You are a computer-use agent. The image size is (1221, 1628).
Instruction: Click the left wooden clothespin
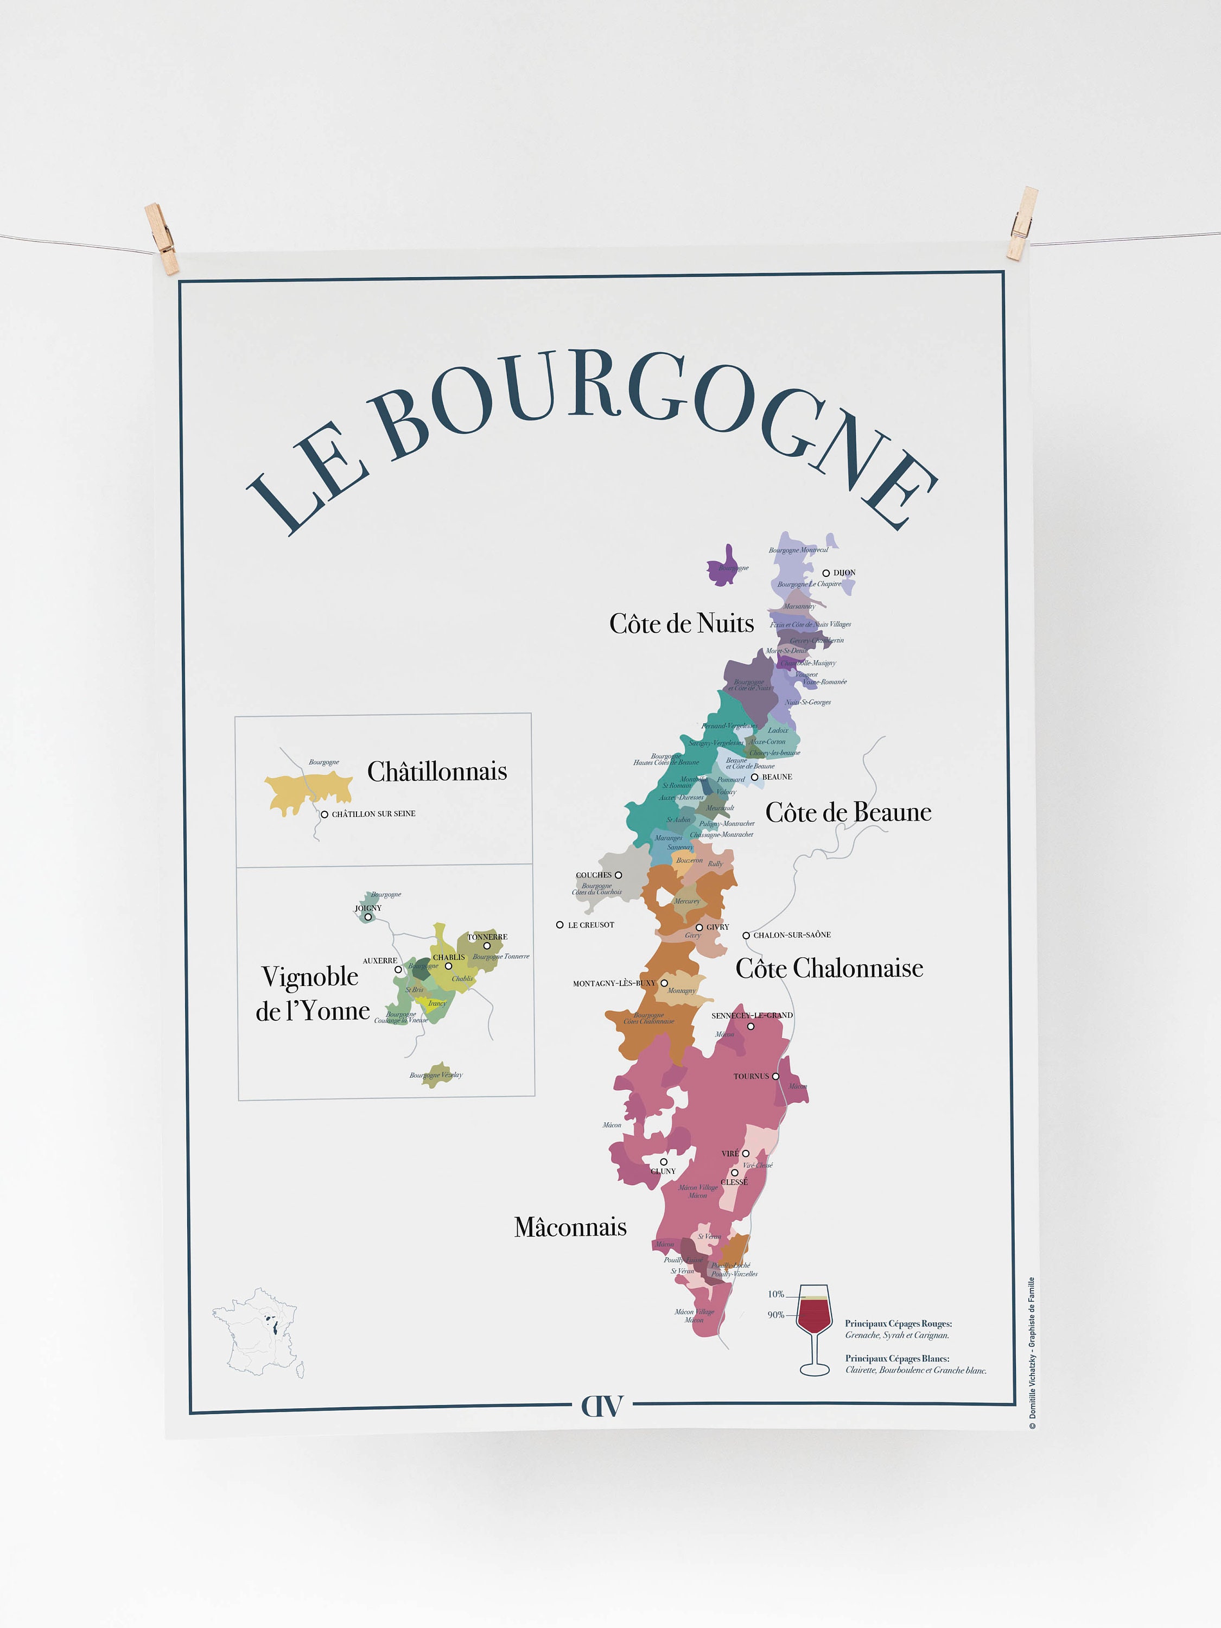click(162, 238)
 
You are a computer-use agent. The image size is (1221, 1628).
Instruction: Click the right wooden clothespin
click(1022, 223)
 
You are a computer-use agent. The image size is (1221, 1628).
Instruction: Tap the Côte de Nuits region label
click(681, 624)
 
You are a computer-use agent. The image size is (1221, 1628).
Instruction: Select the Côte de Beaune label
click(848, 812)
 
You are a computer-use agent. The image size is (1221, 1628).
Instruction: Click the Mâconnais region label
click(570, 1227)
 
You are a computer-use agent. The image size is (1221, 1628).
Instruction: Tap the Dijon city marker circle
click(826, 573)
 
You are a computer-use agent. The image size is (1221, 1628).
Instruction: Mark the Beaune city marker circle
click(754, 777)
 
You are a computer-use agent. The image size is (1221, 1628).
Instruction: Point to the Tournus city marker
click(775, 1076)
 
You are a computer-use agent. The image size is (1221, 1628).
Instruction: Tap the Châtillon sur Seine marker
click(324, 814)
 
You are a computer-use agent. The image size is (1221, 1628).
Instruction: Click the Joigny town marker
click(368, 917)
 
